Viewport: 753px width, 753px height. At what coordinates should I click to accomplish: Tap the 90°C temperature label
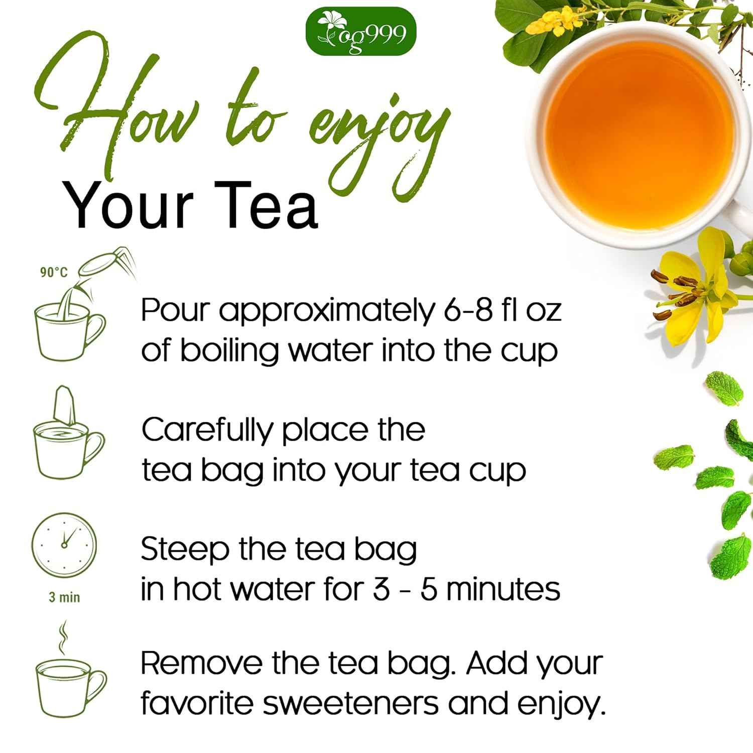click(x=53, y=273)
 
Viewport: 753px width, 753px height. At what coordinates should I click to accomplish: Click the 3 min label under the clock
click(x=64, y=597)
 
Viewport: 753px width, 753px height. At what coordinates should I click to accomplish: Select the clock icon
click(x=63, y=545)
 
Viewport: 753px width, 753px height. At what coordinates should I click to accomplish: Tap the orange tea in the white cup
click(x=638, y=125)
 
